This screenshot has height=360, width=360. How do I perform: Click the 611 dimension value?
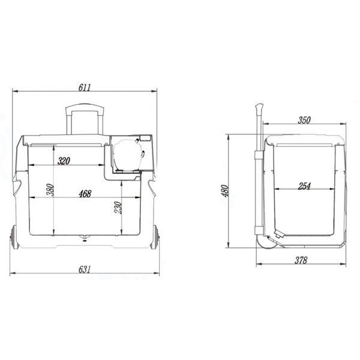click(x=85, y=88)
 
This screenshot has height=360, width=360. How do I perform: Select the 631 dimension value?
click(x=85, y=269)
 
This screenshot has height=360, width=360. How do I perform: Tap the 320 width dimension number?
click(x=64, y=161)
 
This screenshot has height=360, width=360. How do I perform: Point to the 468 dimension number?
click(x=85, y=194)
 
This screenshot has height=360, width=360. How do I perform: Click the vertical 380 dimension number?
click(x=50, y=190)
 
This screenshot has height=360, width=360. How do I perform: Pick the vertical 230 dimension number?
click(x=118, y=208)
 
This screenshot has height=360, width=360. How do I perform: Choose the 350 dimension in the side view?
click(x=304, y=120)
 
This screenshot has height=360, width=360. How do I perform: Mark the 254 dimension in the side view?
click(x=304, y=186)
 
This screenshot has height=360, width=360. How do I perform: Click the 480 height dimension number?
click(x=225, y=191)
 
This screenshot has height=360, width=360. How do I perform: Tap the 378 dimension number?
click(x=301, y=260)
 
